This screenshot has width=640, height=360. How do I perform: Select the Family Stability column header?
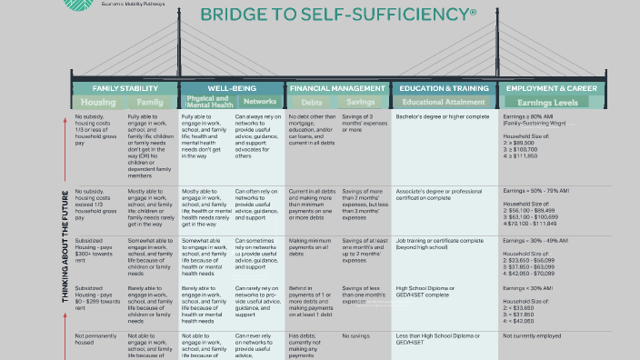[125, 88]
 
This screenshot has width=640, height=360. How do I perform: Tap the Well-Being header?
[231, 88]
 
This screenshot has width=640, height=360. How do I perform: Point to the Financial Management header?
[337, 88]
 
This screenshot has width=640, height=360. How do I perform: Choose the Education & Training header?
[444, 88]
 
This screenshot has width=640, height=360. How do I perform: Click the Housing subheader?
[98, 103]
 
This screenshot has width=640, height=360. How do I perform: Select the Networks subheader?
[259, 102]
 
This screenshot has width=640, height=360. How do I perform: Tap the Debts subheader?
[312, 103]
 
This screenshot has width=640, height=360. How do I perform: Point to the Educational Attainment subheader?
[443, 103]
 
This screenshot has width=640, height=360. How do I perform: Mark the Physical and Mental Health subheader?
[206, 102]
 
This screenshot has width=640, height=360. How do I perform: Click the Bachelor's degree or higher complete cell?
[443, 117]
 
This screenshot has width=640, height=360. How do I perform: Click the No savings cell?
[355, 336]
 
